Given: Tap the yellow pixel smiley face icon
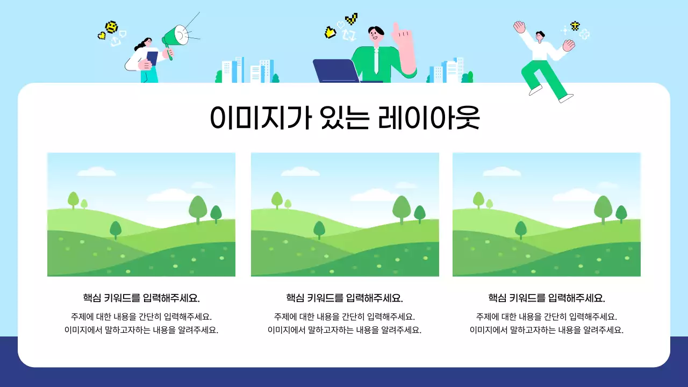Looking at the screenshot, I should coord(111,26).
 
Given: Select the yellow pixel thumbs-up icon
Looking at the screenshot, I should coord(330,33).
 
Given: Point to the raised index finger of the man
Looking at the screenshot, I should coord(396,28).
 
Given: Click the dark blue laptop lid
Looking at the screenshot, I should coord(336,71).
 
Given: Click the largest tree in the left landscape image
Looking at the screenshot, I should coord(198,209).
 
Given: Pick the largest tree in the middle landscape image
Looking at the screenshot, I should coord(402,209).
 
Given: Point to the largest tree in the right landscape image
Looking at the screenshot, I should coord(603,209).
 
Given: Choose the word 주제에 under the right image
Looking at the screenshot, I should coord(486,317).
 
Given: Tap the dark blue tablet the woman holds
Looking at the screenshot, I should coord(152,58).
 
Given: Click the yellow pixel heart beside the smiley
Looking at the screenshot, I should coord(101,36).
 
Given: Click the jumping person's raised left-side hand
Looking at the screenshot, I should coord(519,26).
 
